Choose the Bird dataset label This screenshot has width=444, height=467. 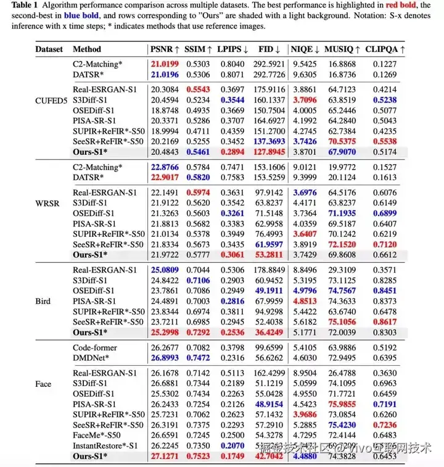coord(43,302)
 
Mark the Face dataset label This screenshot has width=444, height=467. coord(43,384)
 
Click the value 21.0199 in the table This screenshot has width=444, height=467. coord(166,63)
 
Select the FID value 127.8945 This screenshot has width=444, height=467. coord(269,151)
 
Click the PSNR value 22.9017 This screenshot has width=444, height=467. coord(166,178)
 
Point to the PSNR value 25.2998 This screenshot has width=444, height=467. coord(166,333)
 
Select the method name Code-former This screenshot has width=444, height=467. coord(95,348)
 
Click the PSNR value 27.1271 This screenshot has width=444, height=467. coord(166,457)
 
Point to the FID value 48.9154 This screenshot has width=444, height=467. coord(269,404)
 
